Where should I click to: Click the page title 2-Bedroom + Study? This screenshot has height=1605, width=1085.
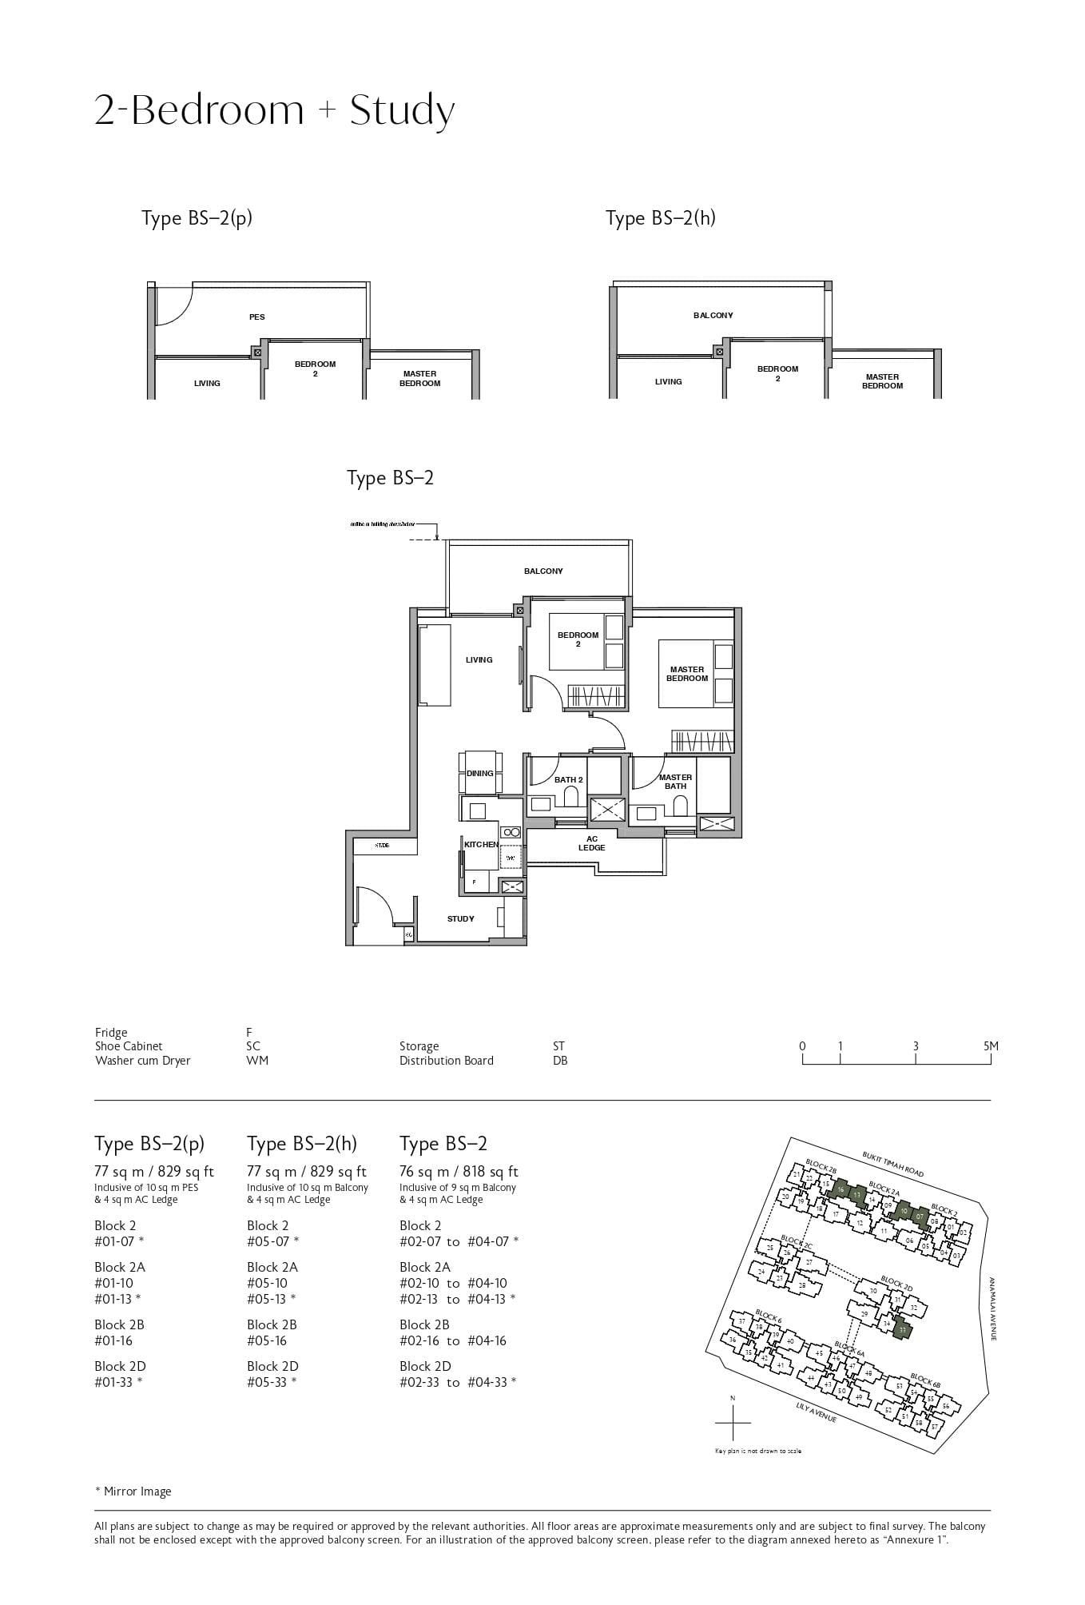coord(274,110)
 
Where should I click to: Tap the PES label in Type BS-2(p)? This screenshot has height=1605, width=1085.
coord(256,317)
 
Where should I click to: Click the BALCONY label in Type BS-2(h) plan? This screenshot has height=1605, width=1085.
coord(713,315)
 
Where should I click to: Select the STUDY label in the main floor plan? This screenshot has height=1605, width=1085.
coord(460,918)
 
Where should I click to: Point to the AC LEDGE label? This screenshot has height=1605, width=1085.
coord(592,843)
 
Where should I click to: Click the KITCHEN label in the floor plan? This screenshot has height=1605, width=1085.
coord(481,844)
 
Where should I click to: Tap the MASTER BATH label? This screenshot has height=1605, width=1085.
coord(675,781)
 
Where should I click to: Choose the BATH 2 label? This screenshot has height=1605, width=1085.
coord(569,779)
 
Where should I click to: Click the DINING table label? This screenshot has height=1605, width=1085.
coord(480,773)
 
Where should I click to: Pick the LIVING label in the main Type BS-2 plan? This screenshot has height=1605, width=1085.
coord(479,659)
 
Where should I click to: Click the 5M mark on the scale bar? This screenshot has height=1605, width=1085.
coord(990,1045)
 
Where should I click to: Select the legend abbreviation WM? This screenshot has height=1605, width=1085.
coord(257,1061)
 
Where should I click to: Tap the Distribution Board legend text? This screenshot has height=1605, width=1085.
coord(446,1061)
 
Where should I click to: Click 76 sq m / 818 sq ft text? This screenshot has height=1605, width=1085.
coord(459,1171)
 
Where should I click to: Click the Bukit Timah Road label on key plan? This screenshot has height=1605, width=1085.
coord(892,1164)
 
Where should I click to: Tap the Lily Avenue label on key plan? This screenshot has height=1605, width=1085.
coord(816,1412)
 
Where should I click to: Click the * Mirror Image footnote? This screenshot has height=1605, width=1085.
coord(133,1491)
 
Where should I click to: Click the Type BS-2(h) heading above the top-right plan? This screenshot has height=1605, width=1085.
coord(660,217)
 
